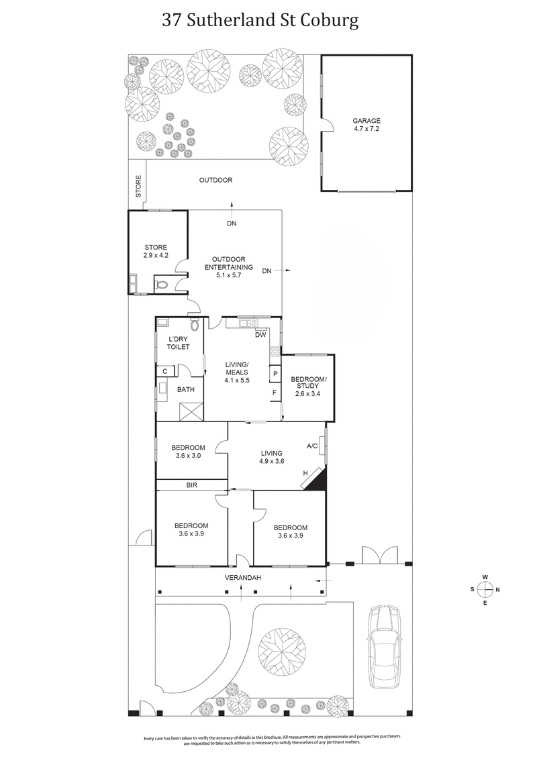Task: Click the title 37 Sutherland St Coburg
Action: (260, 20)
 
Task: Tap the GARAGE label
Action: (367, 121)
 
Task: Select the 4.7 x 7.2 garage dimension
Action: (367, 130)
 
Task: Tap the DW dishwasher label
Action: (260, 334)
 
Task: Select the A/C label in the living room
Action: (311, 446)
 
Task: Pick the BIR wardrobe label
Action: (191, 485)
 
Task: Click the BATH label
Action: (185, 389)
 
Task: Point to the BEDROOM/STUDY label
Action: (308, 383)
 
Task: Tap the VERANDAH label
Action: (242, 578)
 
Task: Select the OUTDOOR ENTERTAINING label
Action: (228, 263)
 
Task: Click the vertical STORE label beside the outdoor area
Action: (139, 186)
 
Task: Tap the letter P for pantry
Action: (275, 374)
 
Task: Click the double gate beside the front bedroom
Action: (372, 556)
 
